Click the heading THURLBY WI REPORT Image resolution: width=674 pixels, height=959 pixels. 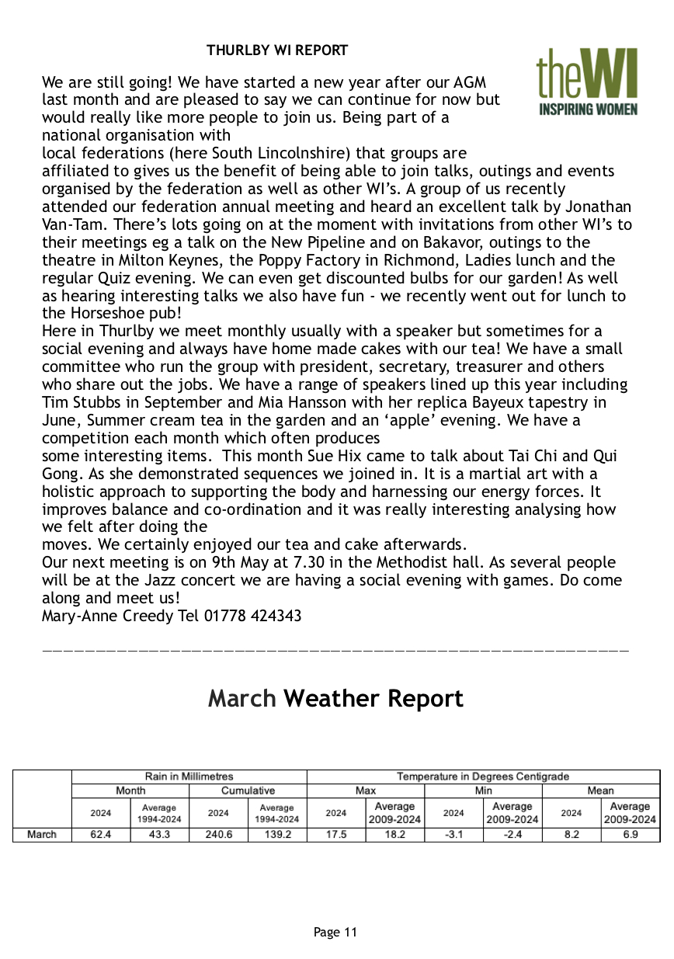pyautogui.click(x=277, y=51)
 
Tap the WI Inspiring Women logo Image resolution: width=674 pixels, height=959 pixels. pyautogui.click(x=587, y=82)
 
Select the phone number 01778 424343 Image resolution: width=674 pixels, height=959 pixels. pyautogui.click(x=253, y=616)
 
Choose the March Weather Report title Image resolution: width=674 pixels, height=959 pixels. pyautogui.click(x=335, y=699)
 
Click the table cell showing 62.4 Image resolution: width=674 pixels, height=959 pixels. pyautogui.click(x=101, y=835)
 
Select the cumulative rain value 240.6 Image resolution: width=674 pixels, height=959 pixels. pyautogui.click(x=218, y=835)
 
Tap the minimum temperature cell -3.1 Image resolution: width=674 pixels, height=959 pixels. pyautogui.click(x=453, y=835)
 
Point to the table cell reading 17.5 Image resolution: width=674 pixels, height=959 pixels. pyautogui.click(x=335, y=835)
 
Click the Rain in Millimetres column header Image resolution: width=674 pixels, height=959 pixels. pyautogui.click(x=189, y=776)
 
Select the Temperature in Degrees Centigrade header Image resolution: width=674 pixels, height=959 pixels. pyautogui.click(x=483, y=776)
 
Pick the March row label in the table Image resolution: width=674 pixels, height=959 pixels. pyautogui.click(x=42, y=835)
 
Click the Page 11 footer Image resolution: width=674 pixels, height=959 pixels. pyautogui.click(x=335, y=933)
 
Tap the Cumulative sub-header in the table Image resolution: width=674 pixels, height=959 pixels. pyautogui.click(x=248, y=790)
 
